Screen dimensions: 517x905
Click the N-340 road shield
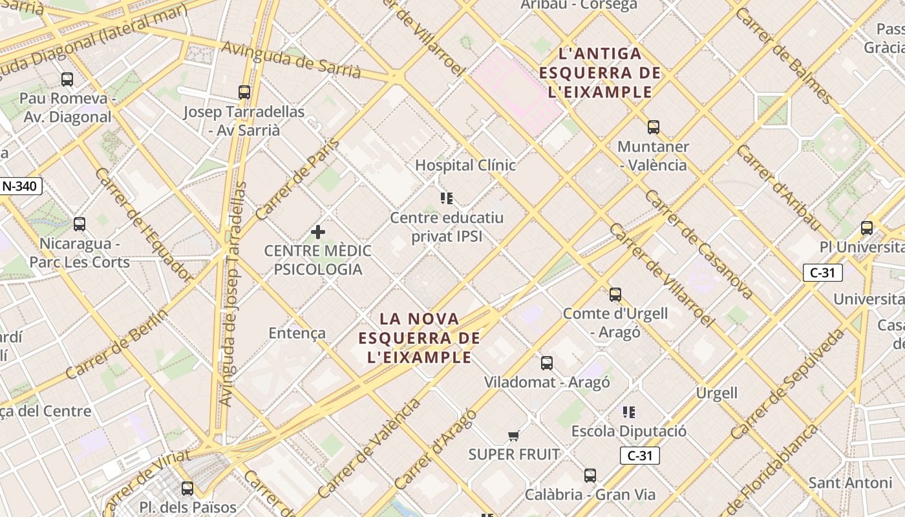click(21, 186)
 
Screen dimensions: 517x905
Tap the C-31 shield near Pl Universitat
click(822, 273)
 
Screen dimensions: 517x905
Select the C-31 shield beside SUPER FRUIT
click(639, 456)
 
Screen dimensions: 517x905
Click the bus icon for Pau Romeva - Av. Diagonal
click(67, 79)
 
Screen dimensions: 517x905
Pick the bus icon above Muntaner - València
click(654, 127)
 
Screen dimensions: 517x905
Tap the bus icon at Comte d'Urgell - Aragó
click(615, 295)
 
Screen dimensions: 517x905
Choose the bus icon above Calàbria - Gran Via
click(590, 476)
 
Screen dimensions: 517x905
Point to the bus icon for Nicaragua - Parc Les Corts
click(80, 224)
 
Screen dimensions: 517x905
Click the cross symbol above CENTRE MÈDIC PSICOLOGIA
click(317, 231)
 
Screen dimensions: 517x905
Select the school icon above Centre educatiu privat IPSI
click(447, 198)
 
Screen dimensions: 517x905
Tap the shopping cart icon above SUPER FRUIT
click(514, 436)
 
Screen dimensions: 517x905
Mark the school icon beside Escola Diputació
click(629, 412)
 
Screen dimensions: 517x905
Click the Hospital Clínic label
click(465, 165)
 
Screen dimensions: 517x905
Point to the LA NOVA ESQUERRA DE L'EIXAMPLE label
click(419, 337)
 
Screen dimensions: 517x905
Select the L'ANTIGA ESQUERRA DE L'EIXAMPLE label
click(600, 72)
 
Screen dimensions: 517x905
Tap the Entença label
click(297, 333)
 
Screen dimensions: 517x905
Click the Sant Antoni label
click(850, 483)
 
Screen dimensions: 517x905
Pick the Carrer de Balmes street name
click(783, 56)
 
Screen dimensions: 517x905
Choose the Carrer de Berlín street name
click(116, 344)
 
